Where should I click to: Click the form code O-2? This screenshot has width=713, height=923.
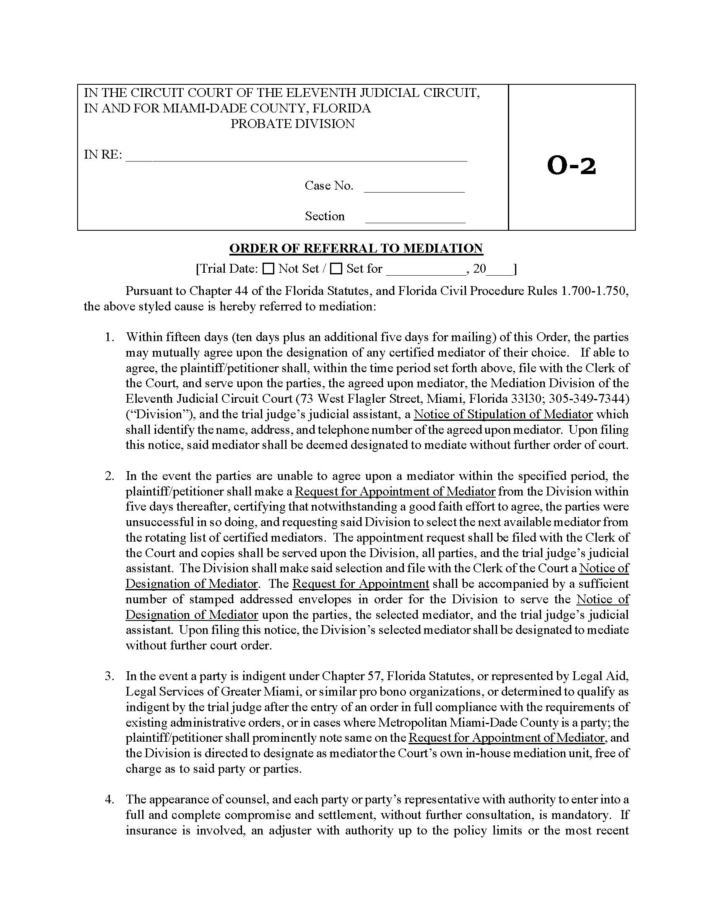pyautogui.click(x=571, y=165)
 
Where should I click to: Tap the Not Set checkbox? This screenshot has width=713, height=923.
pyautogui.click(x=268, y=269)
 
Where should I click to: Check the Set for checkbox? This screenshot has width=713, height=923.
pyautogui.click(x=336, y=269)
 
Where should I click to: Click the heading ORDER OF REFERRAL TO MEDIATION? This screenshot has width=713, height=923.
pyautogui.click(x=356, y=248)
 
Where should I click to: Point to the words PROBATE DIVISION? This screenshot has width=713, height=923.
pyautogui.click(x=292, y=124)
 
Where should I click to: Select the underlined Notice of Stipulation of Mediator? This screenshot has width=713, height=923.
pyautogui.click(x=503, y=414)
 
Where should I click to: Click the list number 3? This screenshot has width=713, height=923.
pyautogui.click(x=110, y=676)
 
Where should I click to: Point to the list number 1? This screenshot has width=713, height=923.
pyautogui.click(x=110, y=337)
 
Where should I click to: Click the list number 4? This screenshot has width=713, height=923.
pyautogui.click(x=110, y=799)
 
